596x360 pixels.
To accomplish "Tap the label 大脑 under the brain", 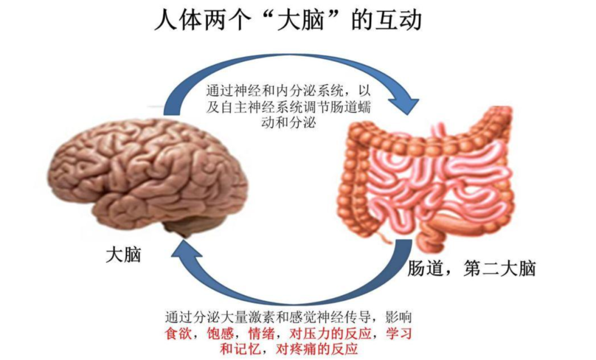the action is pyautogui.click(x=124, y=255).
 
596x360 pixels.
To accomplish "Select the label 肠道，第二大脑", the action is pyautogui.click(x=472, y=268).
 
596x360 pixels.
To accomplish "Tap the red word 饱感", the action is pyautogui.click(x=220, y=333).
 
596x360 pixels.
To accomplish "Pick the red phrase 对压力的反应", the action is pyautogui.click(x=330, y=333).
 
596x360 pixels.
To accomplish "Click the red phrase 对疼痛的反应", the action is pyautogui.click(x=317, y=348).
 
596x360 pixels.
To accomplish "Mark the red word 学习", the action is pyautogui.click(x=399, y=333).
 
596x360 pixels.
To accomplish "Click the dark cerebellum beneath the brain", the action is pyautogui.click(x=180, y=229).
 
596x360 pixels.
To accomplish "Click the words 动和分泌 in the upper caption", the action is pyautogui.click(x=289, y=123).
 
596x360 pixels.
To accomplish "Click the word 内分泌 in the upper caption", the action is pyautogui.click(x=297, y=91).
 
